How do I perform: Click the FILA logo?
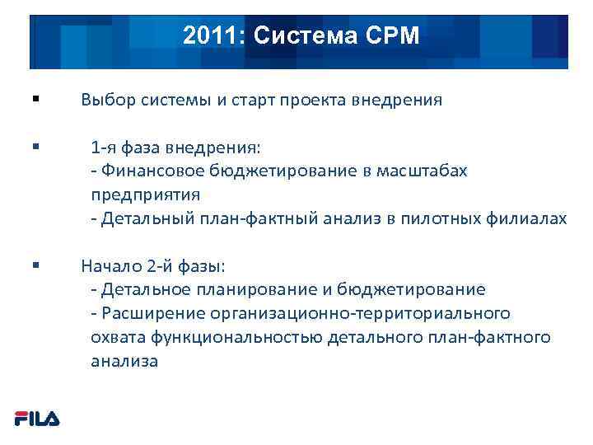37,419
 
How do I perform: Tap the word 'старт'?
251,101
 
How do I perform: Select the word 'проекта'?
315,101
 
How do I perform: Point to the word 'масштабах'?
423,171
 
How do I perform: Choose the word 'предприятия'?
146,195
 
